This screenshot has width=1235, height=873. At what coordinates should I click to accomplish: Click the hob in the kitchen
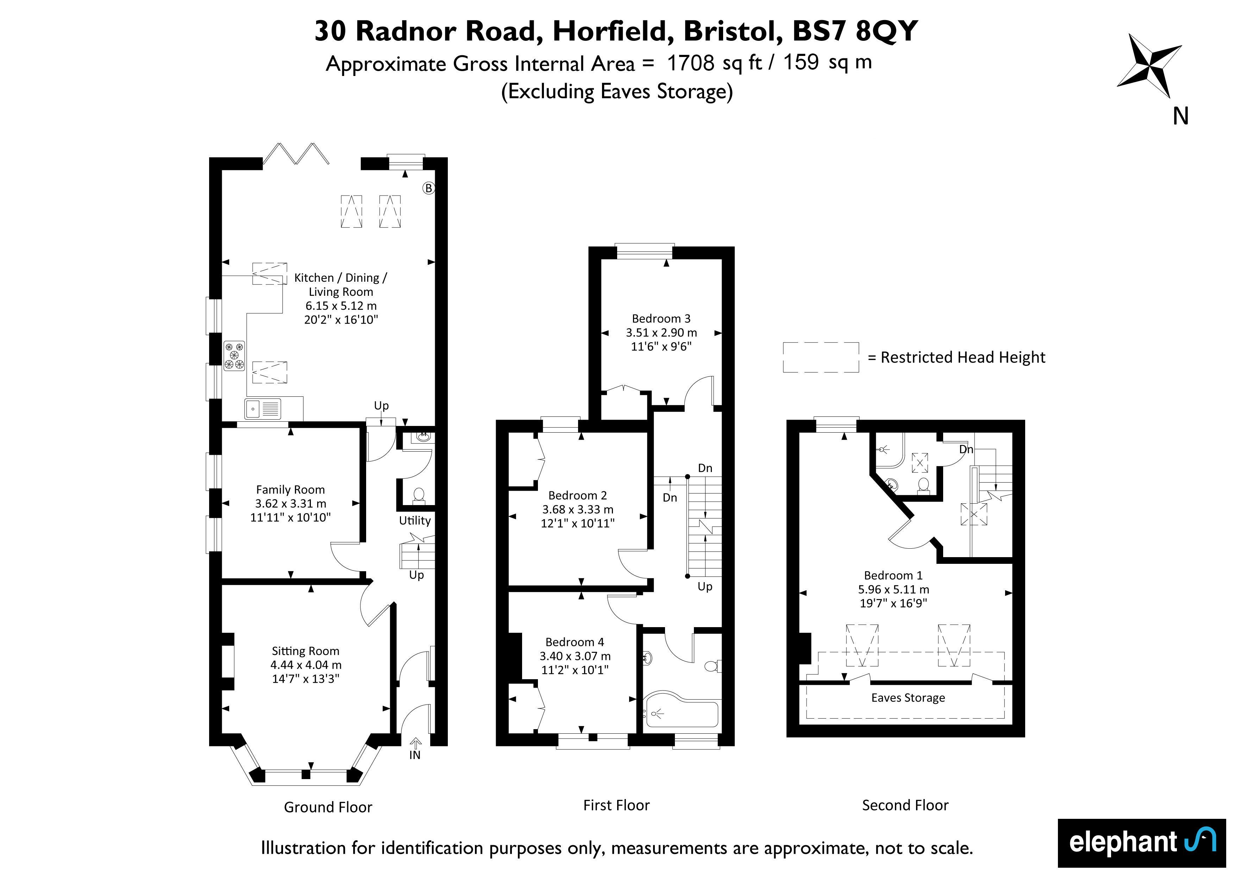point(234,356)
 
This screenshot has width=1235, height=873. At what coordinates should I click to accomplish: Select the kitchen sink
point(263,409)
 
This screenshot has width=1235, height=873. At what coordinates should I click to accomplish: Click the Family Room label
point(290,490)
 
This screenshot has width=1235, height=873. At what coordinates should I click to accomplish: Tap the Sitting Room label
point(306,651)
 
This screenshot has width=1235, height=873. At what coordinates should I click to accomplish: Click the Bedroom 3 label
point(661,319)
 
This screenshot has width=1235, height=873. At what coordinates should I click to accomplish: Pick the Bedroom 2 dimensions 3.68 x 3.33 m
point(578,509)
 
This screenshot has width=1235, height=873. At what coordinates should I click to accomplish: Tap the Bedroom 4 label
point(575,642)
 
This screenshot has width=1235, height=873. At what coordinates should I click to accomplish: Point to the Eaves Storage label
point(908,698)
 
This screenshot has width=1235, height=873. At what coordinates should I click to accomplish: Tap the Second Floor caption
point(905,805)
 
